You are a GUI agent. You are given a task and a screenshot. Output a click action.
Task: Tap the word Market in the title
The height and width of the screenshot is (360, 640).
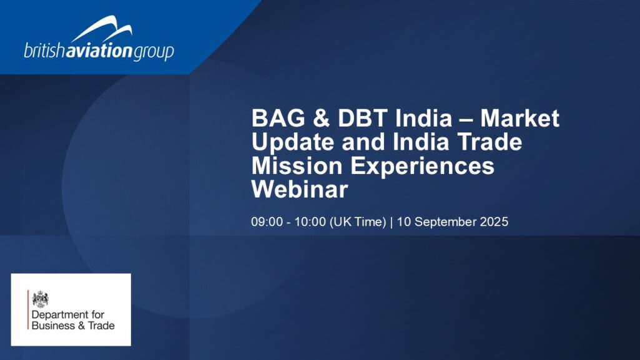519,119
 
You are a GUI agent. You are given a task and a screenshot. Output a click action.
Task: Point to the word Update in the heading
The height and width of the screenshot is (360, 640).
293,142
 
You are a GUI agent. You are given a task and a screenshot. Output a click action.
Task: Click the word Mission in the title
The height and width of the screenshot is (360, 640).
297,166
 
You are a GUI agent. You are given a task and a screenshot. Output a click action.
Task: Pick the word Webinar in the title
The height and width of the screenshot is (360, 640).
300,190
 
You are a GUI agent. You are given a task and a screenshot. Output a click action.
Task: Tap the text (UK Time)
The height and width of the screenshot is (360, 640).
358,222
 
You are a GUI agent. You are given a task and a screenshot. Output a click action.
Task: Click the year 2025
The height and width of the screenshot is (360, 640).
494,221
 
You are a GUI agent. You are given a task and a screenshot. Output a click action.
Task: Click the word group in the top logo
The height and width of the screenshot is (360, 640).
154,53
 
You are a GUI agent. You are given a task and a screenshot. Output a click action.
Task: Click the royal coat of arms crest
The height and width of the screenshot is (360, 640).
41,299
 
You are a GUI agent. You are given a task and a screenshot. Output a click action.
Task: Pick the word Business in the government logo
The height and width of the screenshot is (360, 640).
53,326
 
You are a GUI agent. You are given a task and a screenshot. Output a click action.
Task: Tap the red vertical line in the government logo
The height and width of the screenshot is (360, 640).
28,310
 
